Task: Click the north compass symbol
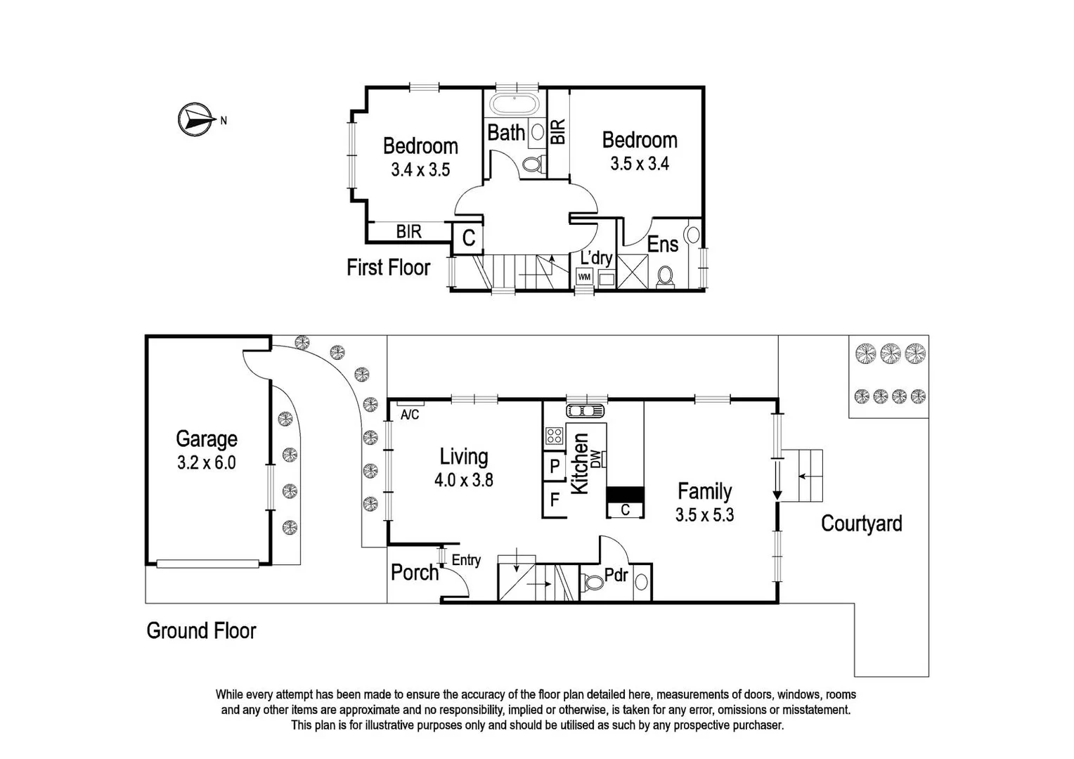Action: [194, 119]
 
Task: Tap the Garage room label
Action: [206, 439]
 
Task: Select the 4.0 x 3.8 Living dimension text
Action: [463, 481]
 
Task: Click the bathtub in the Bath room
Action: [515, 106]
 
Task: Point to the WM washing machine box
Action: [583, 277]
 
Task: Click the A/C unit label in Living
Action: [410, 415]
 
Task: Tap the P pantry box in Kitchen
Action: [555, 466]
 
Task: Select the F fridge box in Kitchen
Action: [555, 500]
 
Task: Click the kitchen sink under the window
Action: [585, 411]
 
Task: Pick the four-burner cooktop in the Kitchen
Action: [554, 436]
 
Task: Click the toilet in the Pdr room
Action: [593, 583]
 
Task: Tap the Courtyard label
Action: [861, 524]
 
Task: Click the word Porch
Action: [414, 573]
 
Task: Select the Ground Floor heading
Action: [201, 630]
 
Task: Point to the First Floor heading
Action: [388, 267]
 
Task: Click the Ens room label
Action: [662, 245]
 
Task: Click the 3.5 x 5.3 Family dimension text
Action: [704, 515]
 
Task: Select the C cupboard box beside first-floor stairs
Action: [469, 238]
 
